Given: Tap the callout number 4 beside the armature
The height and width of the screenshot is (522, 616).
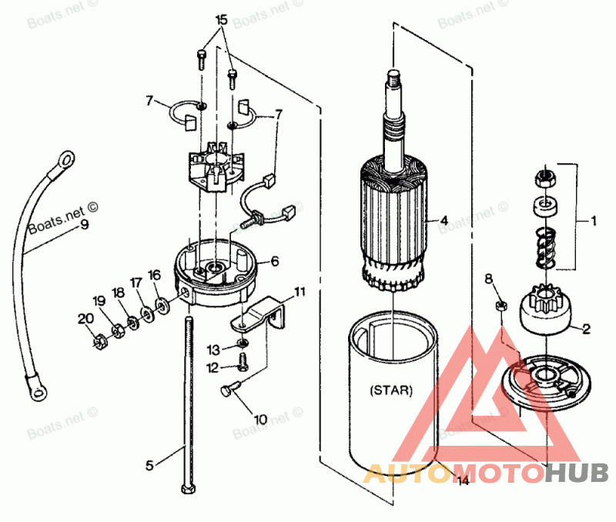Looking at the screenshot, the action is (x=444, y=220).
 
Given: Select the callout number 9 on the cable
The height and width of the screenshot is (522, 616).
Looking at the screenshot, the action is (x=84, y=225).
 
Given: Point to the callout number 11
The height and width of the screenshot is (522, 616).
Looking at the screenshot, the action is (x=300, y=292).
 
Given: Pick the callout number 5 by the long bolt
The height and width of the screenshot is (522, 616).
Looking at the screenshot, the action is (x=150, y=465).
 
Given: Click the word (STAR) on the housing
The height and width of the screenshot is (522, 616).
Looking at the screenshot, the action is (x=391, y=390).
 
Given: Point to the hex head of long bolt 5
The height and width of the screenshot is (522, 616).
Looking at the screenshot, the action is (x=188, y=489).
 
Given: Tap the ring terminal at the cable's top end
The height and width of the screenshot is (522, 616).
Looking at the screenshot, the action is (x=66, y=159).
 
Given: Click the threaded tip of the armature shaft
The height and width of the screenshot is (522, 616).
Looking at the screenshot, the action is (x=391, y=75).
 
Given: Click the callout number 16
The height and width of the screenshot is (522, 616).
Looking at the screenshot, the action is (x=155, y=274).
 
